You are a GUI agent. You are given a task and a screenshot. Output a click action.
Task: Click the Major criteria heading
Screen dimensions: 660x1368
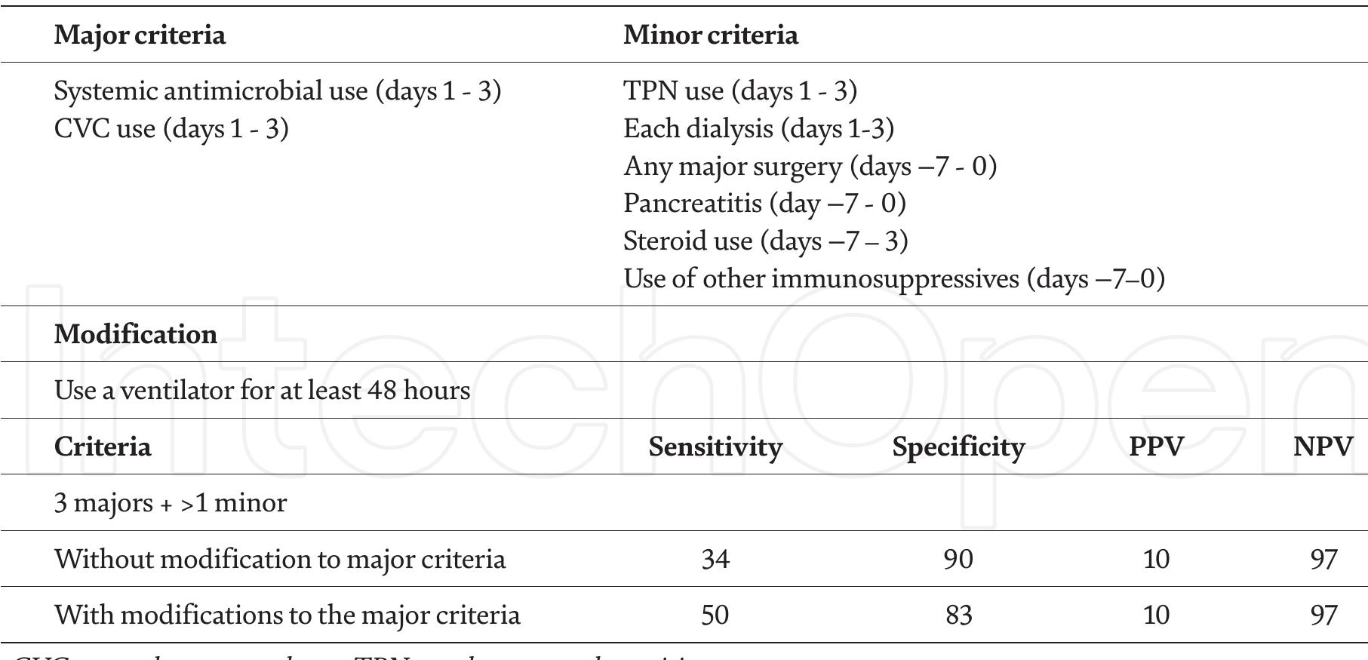pyautogui.click(x=140, y=35)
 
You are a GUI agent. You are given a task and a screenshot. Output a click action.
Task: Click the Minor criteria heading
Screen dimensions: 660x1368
pyautogui.click(x=710, y=35)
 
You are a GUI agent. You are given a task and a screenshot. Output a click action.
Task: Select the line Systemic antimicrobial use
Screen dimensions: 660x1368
pyautogui.click(x=277, y=91)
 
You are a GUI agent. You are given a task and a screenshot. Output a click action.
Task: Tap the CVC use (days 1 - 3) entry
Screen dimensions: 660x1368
pyautogui.click(x=171, y=129)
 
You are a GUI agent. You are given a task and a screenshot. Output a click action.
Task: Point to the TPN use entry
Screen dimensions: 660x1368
pyautogui.click(x=739, y=91)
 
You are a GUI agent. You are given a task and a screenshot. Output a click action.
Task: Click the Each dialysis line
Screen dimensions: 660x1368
pyautogui.click(x=758, y=129)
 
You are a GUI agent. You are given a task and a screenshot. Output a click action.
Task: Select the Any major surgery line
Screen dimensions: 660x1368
pyautogui.click(x=810, y=167)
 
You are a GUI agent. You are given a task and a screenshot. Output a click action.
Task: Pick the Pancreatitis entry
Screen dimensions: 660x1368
pyautogui.click(x=764, y=204)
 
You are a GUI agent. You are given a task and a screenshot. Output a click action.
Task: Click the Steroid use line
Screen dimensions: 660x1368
pyautogui.click(x=765, y=241)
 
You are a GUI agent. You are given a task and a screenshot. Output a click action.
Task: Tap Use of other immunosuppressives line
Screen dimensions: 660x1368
pyautogui.click(x=893, y=279)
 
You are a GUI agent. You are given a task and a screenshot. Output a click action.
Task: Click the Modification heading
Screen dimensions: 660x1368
pyautogui.click(x=136, y=334)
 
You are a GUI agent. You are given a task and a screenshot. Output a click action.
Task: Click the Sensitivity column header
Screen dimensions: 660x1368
pyautogui.click(x=715, y=447)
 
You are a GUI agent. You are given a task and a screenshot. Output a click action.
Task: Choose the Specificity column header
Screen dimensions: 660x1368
pyautogui.click(x=958, y=447)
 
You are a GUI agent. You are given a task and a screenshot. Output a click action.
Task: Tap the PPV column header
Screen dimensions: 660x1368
pyautogui.click(x=1156, y=447)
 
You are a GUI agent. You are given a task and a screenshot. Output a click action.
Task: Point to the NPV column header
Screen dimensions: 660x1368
pyautogui.click(x=1323, y=447)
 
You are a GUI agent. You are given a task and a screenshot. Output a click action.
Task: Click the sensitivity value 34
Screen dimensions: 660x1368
pyautogui.click(x=715, y=560)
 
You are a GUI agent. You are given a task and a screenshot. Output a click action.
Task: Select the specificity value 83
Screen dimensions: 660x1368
pyautogui.click(x=958, y=615)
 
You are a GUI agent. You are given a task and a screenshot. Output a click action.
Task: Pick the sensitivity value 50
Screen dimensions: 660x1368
pyautogui.click(x=715, y=615)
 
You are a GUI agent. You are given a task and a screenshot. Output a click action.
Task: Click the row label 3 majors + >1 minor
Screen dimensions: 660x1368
pyautogui.click(x=171, y=503)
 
